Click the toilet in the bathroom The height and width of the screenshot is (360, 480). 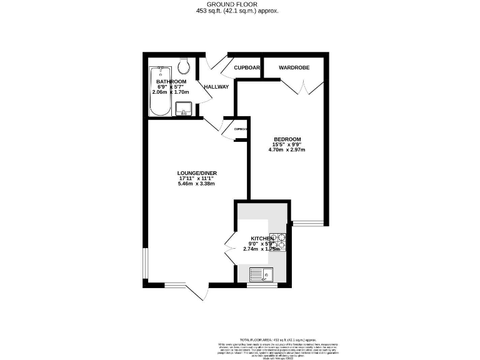pyautogui.click(x=184, y=65)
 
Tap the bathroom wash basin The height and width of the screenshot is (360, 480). pyautogui.click(x=184, y=109)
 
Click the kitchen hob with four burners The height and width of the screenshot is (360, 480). pyautogui.click(x=279, y=241)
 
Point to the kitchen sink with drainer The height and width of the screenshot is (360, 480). pyautogui.click(x=260, y=273)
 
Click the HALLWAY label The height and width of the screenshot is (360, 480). pyautogui.click(x=216, y=87)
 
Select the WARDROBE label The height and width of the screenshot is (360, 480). pyautogui.click(x=294, y=67)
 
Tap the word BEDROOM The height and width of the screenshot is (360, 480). pyautogui.click(x=287, y=139)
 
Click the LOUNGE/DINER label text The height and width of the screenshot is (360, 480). pyautogui.click(x=197, y=173)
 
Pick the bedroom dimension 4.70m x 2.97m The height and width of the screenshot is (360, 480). pyautogui.click(x=287, y=150)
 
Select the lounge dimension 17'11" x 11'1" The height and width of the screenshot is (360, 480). pyautogui.click(x=197, y=178)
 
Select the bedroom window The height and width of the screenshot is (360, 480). pyautogui.click(x=307, y=223)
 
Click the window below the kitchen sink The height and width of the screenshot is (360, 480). pyautogui.click(x=261, y=285)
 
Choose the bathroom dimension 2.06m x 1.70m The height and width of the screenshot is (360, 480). pyautogui.click(x=170, y=92)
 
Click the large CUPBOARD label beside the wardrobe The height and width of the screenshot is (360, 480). pyautogui.click(x=246, y=67)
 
